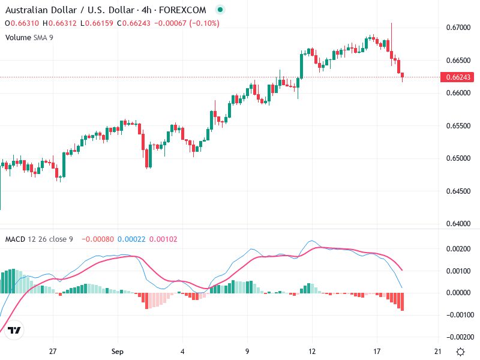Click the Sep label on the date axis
pyautogui.click(x=117, y=351)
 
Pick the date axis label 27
pyautogui.click(x=53, y=351)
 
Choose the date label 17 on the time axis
pyautogui.click(x=377, y=351)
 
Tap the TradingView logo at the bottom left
pyautogui.click(x=15, y=330)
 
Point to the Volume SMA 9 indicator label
pyautogui.click(x=29, y=37)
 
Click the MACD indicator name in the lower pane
pyautogui.click(x=15, y=239)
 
